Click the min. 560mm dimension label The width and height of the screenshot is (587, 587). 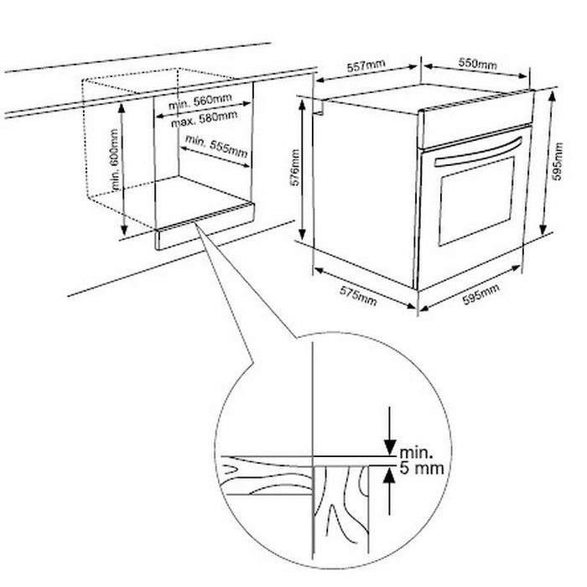point(199,102)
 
